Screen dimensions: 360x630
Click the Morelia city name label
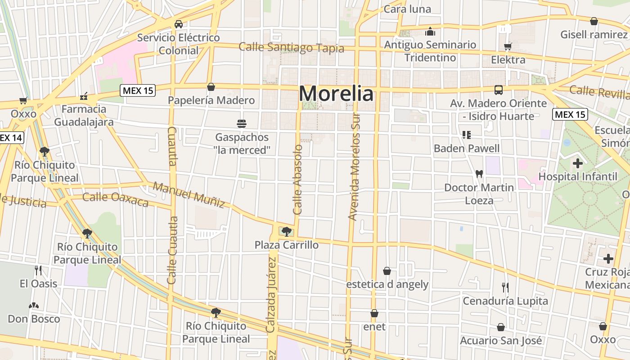[x=336, y=94]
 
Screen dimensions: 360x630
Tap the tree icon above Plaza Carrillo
[x=286, y=232]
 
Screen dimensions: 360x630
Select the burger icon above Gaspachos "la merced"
[x=242, y=123]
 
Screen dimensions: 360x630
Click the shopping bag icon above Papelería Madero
[x=211, y=87]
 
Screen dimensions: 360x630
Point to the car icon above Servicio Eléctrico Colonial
[x=179, y=24]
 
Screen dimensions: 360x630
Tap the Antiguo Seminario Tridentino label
[x=430, y=51]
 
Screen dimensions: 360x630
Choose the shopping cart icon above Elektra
[x=508, y=46]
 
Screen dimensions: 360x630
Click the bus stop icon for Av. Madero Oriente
[x=499, y=90]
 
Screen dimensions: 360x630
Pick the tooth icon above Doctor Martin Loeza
[x=479, y=174]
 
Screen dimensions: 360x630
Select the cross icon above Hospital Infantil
[x=578, y=163]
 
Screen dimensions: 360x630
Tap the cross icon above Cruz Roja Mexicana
[x=608, y=259]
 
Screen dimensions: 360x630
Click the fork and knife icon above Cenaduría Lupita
[x=505, y=287]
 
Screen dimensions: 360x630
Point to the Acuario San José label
[x=500, y=341]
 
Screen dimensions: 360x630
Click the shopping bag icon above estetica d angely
[x=387, y=271]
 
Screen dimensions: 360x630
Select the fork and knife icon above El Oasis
[x=38, y=270]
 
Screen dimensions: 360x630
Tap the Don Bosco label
[x=34, y=319]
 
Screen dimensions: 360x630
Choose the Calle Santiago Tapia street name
[x=291, y=48]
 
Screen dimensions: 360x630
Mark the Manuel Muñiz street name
[x=189, y=194]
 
